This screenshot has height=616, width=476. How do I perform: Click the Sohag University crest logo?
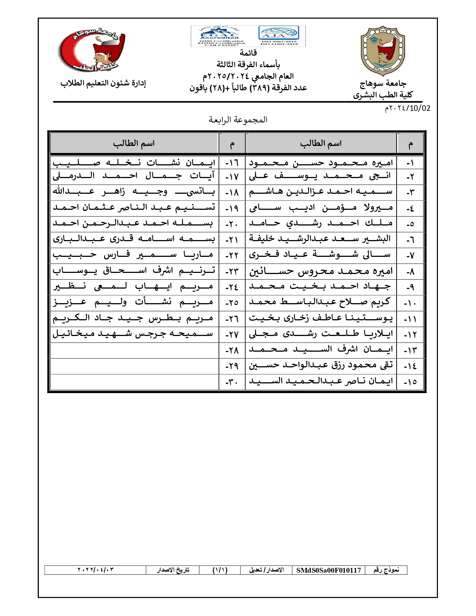tap(383, 50)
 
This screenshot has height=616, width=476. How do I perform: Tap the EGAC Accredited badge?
tap(220, 36)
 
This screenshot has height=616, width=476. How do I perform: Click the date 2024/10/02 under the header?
tap(407, 108)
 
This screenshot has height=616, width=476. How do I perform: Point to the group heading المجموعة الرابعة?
tap(238, 120)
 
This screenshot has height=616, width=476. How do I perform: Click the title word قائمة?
tap(248, 53)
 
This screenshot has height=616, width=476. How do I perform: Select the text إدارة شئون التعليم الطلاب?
tap(103, 83)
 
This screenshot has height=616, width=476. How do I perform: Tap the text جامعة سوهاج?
tap(383, 83)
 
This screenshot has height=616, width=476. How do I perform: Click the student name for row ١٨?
tap(134, 192)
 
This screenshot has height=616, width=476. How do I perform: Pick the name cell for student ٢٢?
tap(134, 255)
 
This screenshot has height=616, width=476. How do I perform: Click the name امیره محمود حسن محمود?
tap(321, 163)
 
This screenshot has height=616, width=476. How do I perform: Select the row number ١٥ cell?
tap(410, 382)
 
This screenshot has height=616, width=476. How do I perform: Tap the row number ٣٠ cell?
tap(232, 382)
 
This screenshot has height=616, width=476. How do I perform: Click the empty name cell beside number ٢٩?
tap(134, 366)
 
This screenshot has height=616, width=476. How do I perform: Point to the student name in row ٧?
tap(321, 255)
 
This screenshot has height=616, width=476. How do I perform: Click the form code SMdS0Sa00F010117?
tap(329, 570)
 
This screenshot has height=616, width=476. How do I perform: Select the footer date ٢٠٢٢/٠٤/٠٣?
tap(95, 570)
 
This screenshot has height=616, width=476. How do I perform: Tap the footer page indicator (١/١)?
tap(220, 570)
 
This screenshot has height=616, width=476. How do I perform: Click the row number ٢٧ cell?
tap(232, 335)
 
